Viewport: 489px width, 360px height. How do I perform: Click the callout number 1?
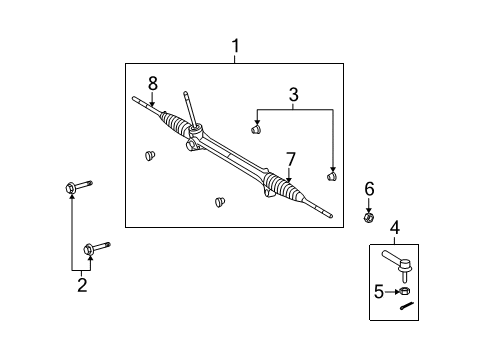[x=235, y=46]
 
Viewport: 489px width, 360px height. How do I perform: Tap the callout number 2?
[x=82, y=286]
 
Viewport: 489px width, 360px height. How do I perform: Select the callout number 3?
[x=293, y=96]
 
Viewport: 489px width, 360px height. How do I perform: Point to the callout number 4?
[x=394, y=228]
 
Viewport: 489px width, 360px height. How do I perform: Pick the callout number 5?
[x=380, y=291]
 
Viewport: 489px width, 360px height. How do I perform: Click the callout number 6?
[x=368, y=189]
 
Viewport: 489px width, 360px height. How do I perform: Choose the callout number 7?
[x=289, y=159]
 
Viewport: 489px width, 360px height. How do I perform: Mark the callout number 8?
[x=153, y=84]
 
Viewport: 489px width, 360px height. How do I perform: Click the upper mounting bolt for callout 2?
[x=77, y=187]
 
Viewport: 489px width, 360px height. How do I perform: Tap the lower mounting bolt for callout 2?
[x=96, y=248]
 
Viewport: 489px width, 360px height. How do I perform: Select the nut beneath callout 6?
[x=368, y=217]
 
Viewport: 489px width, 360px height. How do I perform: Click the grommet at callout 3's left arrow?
[x=255, y=128]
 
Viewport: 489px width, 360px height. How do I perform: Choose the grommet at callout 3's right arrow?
[x=331, y=177]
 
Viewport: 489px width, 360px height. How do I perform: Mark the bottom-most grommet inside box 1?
[x=218, y=202]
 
